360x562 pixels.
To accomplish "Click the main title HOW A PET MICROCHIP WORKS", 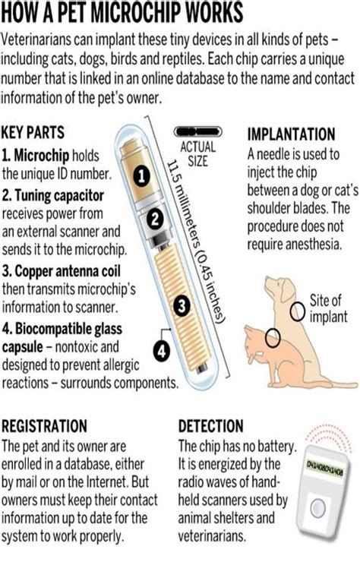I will click(x=123, y=12).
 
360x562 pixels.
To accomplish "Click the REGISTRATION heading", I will click(x=44, y=426).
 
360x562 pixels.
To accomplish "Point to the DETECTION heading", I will click(x=211, y=426).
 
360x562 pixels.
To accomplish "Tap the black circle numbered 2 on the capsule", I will click(x=154, y=220).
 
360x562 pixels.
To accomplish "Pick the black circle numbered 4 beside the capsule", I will click(x=160, y=352).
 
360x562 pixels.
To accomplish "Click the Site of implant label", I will click(x=327, y=307).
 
